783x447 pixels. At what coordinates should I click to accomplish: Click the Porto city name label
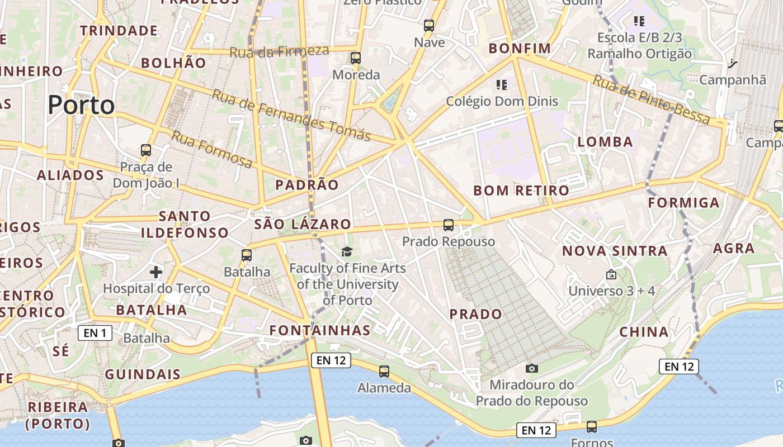(81, 104)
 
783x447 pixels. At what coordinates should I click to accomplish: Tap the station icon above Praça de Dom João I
(146, 150)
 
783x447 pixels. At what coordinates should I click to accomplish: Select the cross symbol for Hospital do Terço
(156, 272)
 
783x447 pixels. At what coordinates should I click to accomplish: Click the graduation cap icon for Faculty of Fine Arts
(347, 251)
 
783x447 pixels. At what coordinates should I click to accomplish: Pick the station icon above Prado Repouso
(449, 225)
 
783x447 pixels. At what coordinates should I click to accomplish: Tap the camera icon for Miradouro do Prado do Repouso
(531, 368)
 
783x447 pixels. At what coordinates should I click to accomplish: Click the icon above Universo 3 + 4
(611, 274)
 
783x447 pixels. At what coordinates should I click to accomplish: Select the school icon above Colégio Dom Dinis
(502, 85)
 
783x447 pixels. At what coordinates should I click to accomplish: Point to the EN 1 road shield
(95, 334)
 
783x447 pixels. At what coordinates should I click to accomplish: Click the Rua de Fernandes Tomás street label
(291, 115)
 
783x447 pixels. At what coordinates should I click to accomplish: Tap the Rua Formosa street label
(212, 149)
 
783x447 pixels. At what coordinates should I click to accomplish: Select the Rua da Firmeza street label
(279, 51)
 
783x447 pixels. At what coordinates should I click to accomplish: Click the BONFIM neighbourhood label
(520, 49)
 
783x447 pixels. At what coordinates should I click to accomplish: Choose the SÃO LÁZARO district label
(303, 224)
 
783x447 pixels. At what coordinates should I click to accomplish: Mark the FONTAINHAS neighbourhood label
(320, 330)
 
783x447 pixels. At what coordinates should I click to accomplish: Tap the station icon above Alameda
(384, 371)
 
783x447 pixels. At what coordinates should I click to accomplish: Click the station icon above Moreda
(356, 58)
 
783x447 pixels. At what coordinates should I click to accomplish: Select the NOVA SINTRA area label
(615, 251)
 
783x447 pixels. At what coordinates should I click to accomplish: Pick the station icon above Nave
(429, 25)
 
